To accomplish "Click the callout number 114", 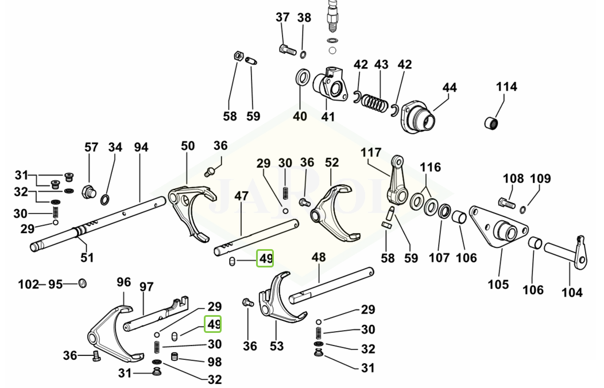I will (x=506, y=87).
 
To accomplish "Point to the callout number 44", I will (x=450, y=88).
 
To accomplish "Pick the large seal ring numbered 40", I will (x=303, y=77).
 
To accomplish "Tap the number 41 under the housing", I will (x=327, y=117).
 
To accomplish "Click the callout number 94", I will (x=141, y=148).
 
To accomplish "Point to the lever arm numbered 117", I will (x=398, y=179).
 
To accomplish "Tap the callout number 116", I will (x=430, y=167).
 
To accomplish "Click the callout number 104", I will (x=571, y=293).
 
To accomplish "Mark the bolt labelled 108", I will (x=505, y=202).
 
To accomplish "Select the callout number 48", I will (x=318, y=258).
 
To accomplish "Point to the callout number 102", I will (x=28, y=284).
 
